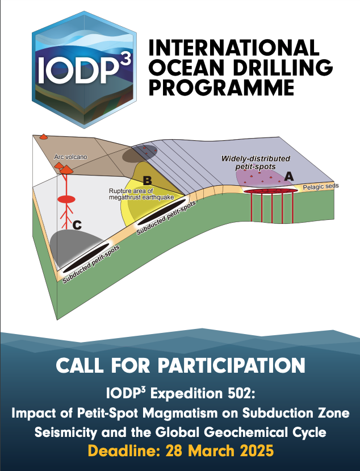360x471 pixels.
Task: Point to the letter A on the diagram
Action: [x=288, y=177]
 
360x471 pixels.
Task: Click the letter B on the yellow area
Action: [x=147, y=181]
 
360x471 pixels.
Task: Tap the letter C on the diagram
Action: [x=77, y=225]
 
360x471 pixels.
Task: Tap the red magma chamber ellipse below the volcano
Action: [x=67, y=199]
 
